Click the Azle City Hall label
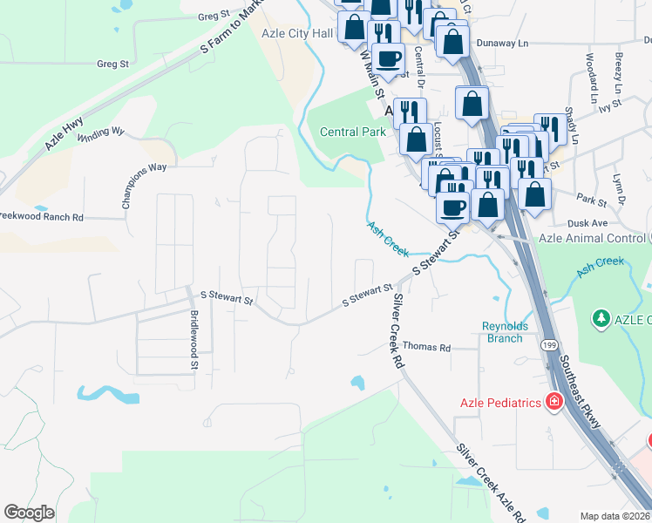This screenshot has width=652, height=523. (297, 34)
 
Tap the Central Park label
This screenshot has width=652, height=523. (352, 132)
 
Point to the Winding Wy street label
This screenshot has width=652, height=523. (101, 136)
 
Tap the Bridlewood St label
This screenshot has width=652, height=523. (194, 335)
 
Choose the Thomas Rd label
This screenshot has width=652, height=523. (426, 347)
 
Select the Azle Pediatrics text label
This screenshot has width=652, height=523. (500, 402)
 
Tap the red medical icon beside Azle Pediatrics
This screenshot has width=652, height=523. (553, 402)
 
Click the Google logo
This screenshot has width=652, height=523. (29, 513)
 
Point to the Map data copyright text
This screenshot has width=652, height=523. (615, 516)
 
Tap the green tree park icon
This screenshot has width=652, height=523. (600, 320)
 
